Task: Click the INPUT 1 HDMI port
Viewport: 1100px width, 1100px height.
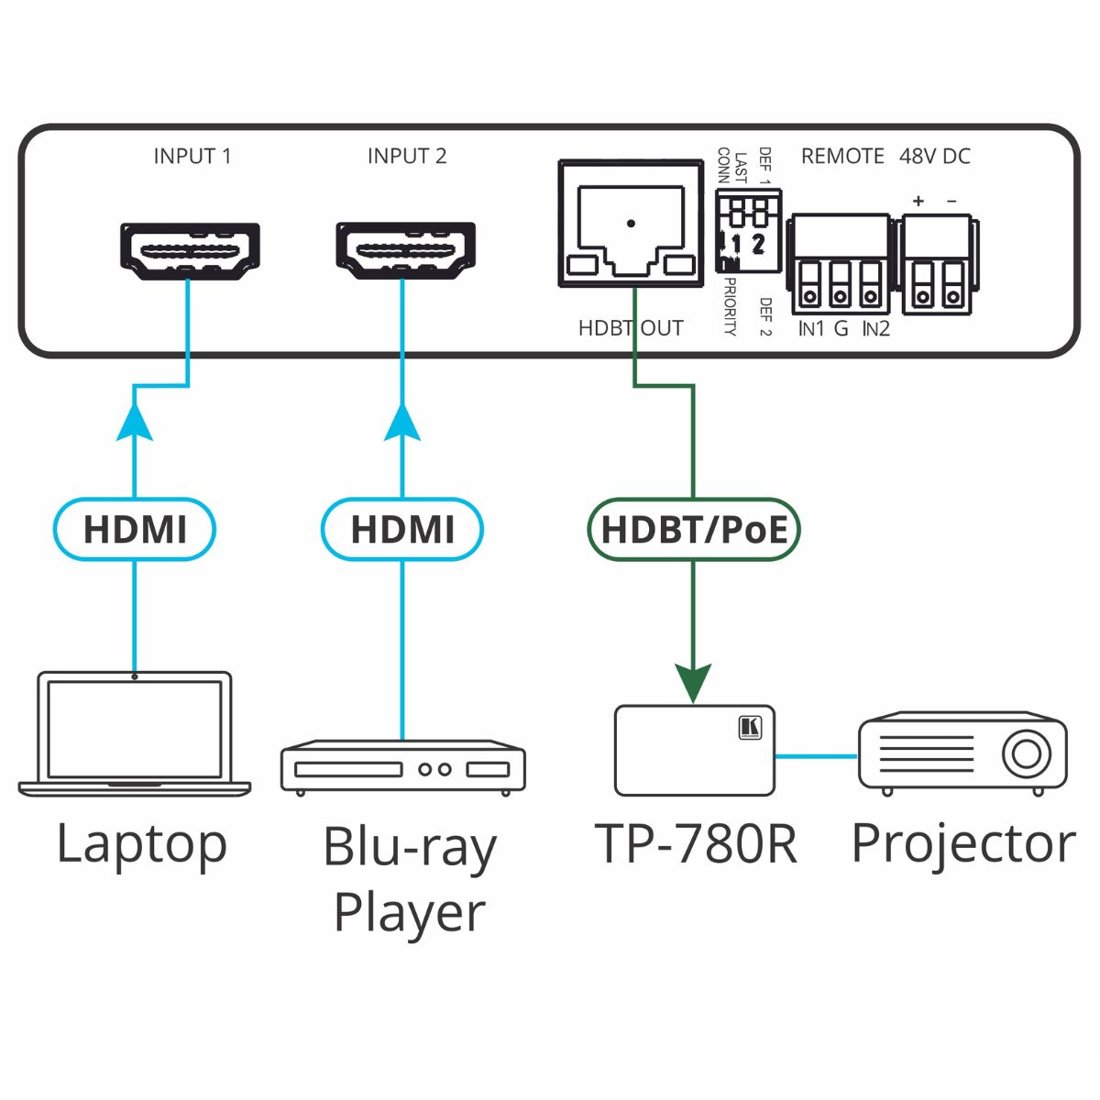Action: pyautogui.click(x=191, y=250)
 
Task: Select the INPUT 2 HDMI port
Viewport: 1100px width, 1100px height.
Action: pyautogui.click(x=405, y=250)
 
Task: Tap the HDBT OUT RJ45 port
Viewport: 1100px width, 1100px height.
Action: pyautogui.click(x=631, y=225)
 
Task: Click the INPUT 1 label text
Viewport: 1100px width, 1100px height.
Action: pyautogui.click(x=192, y=156)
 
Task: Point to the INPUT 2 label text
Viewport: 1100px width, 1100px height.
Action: pyautogui.click(x=407, y=156)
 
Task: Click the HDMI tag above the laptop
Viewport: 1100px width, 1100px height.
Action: pyautogui.click(x=135, y=529)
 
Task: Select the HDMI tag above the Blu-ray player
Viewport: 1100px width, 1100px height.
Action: pyautogui.click(x=402, y=529)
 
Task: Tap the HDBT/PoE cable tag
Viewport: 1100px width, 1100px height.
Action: pyautogui.click(x=694, y=529)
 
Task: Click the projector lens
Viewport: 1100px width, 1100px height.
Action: pyautogui.click(x=1027, y=753)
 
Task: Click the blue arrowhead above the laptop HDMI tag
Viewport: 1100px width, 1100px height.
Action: pyautogui.click(x=135, y=423)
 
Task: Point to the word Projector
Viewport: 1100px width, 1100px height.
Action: pyautogui.click(x=962, y=843)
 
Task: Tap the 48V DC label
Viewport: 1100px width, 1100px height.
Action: pyautogui.click(x=934, y=156)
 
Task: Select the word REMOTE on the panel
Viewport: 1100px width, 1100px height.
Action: pyautogui.click(x=842, y=156)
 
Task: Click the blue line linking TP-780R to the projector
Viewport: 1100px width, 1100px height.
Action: pyautogui.click(x=816, y=756)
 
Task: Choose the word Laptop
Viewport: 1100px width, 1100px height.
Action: pyautogui.click(x=141, y=843)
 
